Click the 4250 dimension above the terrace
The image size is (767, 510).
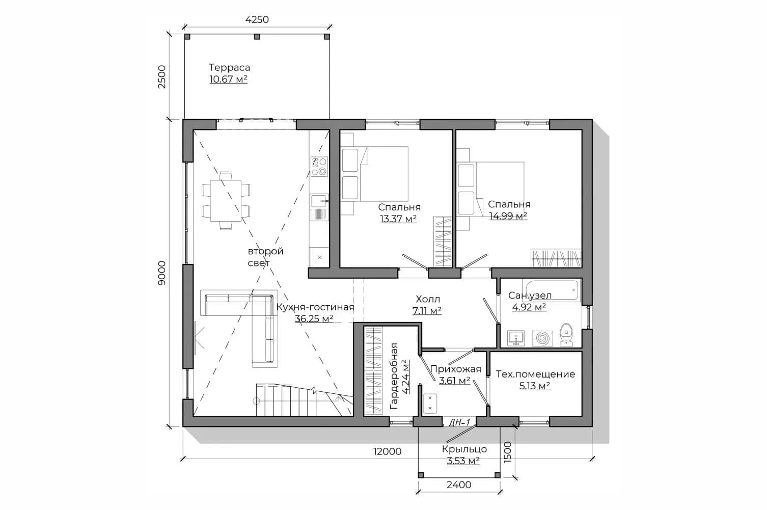coord(257,19)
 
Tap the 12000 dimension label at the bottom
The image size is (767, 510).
coord(387,451)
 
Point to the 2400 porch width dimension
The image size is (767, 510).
coord(459,485)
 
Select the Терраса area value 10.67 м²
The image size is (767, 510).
coord(228,79)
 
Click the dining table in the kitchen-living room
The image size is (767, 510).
coord(226,200)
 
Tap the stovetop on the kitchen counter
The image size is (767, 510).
coord(319,167)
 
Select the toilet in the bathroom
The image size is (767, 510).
coord(566,335)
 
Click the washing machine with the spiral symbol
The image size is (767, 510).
coord(542,338)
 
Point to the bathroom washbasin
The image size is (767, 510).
coord(516,338)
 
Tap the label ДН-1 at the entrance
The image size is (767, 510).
coord(459,423)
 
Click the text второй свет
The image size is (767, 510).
coord(265,257)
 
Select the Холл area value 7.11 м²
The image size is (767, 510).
coord(427,311)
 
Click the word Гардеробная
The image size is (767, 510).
coord(394,375)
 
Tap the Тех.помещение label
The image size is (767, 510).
coord(536,374)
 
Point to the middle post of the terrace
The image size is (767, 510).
coord(257,37)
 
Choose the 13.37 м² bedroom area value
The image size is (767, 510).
coord(398,219)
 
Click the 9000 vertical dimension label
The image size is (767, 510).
coord(161,273)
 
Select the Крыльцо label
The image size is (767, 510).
coord(464,449)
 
